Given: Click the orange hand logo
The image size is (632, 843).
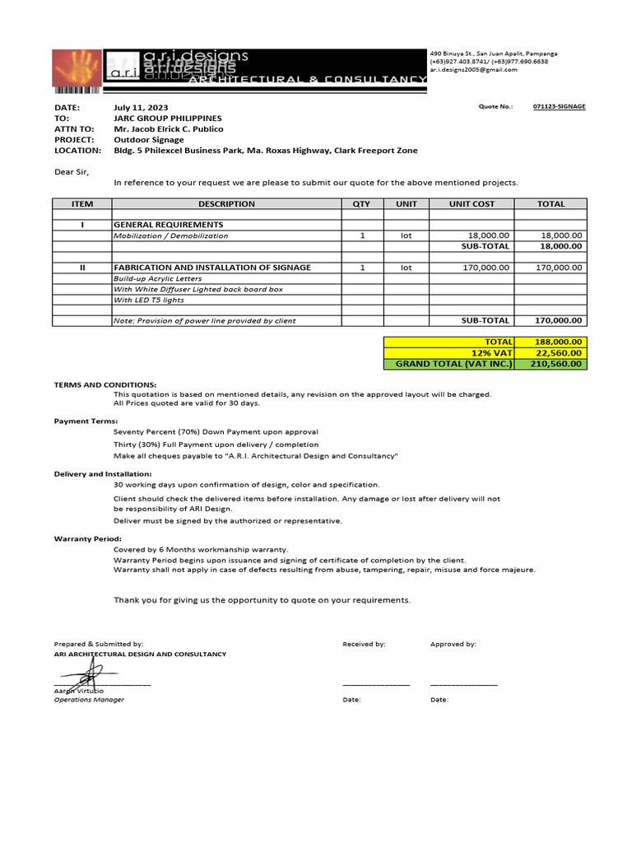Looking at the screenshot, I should click(x=77, y=70).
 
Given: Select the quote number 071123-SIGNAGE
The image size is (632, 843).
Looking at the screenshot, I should click(x=559, y=107).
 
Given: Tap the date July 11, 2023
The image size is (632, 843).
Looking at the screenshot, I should click(x=141, y=108).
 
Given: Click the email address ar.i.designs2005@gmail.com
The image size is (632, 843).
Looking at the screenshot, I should click(x=473, y=70).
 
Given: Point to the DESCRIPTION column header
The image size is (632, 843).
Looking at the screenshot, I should click(x=226, y=204).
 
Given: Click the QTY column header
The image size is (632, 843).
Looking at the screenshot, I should click(x=361, y=204).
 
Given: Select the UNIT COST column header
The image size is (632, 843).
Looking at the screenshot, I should click(x=472, y=204).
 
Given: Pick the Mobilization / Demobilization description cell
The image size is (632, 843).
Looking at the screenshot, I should click(x=171, y=235).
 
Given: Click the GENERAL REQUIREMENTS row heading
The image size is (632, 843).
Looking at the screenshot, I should click(x=168, y=225).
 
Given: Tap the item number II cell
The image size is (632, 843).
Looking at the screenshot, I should click(x=82, y=268).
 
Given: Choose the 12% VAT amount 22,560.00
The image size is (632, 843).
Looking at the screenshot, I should click(x=559, y=352).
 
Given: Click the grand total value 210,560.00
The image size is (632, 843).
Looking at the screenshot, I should click(x=557, y=364).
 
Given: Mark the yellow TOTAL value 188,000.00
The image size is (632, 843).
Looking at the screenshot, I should click(x=558, y=342).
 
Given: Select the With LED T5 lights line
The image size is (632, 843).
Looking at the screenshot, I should click(x=149, y=300).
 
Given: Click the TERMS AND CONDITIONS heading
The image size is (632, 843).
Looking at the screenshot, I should click(x=105, y=384).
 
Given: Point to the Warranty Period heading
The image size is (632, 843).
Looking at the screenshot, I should click(x=88, y=538).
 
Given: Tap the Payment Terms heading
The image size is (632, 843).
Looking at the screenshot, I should click(x=86, y=421).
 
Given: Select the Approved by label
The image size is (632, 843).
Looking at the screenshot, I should click(x=453, y=645).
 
